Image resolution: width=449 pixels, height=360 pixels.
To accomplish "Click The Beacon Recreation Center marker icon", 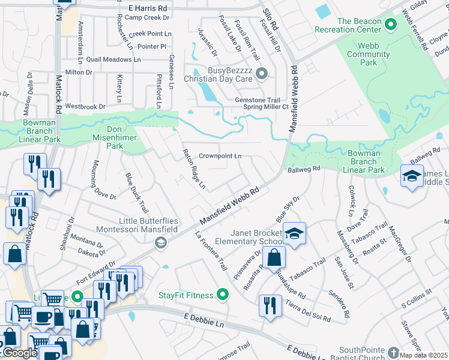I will coord(390,25).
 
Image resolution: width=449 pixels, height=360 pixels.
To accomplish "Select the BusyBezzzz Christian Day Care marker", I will coord(261,74).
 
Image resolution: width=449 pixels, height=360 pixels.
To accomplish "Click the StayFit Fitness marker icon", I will coord(223,295).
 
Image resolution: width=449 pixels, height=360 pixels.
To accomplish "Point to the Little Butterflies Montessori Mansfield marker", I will coord(160,242).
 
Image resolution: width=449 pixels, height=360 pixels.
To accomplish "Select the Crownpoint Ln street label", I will coord(220,156).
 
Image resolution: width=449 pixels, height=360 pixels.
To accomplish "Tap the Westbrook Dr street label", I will coord(85,106).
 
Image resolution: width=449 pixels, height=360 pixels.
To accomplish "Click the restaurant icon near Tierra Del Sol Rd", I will coord(270,304).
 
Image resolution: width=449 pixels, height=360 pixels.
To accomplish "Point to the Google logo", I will coord(20,353).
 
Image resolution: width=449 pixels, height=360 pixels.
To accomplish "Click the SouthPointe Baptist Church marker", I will coord(393,352).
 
